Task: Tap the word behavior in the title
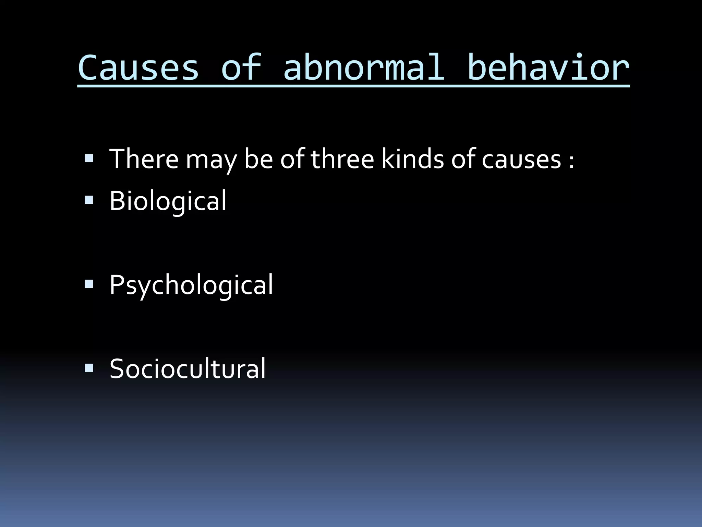pyautogui.click(x=548, y=68)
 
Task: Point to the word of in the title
pyautogui.click(x=241, y=68)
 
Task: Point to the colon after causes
pyautogui.click(x=571, y=162)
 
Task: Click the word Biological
pyautogui.click(x=168, y=201)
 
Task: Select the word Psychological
pyautogui.click(x=191, y=285)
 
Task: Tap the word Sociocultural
pyautogui.click(x=187, y=369)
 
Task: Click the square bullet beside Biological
pyautogui.click(x=89, y=200)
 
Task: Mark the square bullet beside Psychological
pyautogui.click(x=89, y=284)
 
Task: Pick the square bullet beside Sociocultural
pyautogui.click(x=89, y=368)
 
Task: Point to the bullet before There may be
pyautogui.click(x=89, y=158)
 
